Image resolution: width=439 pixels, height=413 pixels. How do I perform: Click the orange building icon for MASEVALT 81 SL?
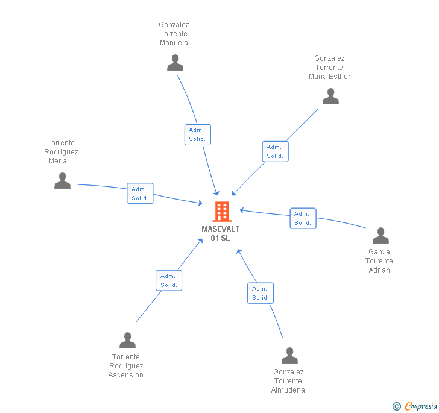pos(222,212)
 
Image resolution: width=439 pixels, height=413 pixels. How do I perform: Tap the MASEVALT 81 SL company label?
pos(220,233)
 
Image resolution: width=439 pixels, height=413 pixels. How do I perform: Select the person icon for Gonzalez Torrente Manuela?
pos(175,63)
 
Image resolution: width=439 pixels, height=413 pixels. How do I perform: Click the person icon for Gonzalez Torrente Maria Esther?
pos(330,96)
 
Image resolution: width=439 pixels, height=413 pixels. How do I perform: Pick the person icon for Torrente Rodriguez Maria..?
pos(62,180)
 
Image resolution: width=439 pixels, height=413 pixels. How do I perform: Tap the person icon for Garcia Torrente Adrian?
pos(381,235)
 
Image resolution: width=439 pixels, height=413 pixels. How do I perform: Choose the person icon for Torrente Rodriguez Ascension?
pos(127,341)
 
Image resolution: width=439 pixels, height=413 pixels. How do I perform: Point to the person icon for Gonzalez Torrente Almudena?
pos(289,356)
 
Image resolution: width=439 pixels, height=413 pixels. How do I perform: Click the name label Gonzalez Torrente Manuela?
pos(174,34)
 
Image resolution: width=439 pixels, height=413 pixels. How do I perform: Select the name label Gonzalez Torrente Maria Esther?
pos(329,68)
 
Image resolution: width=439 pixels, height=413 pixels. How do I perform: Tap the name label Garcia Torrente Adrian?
pos(379,261)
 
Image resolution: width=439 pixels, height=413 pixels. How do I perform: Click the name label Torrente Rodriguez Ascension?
pos(126,366)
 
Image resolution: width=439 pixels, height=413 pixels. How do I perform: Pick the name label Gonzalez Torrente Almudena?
pos(288,381)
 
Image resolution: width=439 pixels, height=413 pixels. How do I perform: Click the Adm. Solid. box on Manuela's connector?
pos(197,134)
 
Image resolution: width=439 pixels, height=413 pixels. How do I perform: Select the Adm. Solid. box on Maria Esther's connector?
pos(275,151)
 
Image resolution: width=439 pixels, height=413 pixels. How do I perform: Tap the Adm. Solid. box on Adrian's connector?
pos(303,218)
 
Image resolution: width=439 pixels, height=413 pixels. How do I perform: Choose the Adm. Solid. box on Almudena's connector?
pos(261,293)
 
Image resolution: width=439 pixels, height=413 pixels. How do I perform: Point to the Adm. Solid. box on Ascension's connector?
pos(169,280)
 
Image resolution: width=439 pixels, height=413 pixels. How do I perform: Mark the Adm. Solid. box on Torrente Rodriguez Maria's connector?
pos(140,194)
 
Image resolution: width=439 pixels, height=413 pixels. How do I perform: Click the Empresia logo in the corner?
pos(415,406)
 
